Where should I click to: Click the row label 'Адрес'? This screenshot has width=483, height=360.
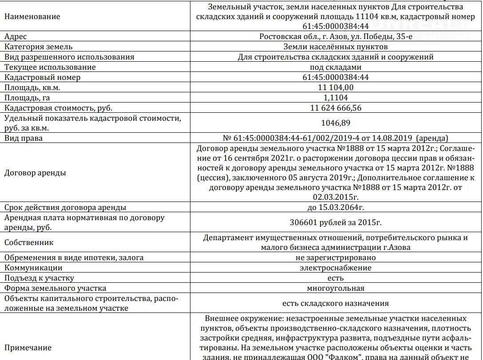16,36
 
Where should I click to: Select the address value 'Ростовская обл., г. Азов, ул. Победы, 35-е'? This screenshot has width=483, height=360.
336,36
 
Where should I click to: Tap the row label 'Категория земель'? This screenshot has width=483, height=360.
39,47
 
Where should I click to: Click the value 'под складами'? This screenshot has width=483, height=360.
336,67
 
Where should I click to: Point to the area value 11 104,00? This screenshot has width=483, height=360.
336,87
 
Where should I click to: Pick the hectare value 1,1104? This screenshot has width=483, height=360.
336,98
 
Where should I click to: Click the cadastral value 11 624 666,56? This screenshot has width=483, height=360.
336,108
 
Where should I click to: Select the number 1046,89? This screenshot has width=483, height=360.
336,123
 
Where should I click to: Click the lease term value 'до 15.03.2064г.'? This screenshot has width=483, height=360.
336,207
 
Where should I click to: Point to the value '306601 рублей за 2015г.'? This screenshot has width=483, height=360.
336,222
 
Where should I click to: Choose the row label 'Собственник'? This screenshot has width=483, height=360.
29,242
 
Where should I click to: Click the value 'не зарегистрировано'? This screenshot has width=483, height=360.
336,257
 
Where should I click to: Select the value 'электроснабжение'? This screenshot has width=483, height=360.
336,268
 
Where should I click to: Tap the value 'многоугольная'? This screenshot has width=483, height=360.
336,288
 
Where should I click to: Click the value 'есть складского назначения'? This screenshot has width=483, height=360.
336,303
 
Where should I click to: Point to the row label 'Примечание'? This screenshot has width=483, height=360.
28,348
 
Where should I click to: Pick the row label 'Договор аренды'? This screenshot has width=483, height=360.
35,173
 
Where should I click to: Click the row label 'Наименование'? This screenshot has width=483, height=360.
32,16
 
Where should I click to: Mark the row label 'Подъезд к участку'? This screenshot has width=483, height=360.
39,278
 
